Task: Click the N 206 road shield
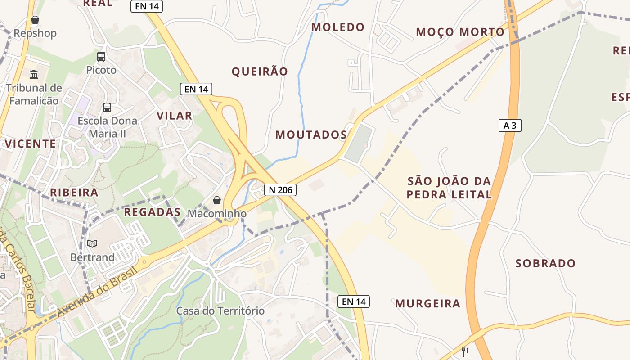[x=280, y=190]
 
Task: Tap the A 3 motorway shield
[x=509, y=126]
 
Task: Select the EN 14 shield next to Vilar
[x=196, y=89]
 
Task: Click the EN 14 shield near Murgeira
[x=354, y=301]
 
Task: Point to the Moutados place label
[x=311, y=135]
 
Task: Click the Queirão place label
[x=260, y=72]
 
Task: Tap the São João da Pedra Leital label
[x=449, y=188]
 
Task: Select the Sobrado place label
[x=545, y=263]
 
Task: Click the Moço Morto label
[x=460, y=32]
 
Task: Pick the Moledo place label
[x=338, y=27]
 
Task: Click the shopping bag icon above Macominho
[x=217, y=200]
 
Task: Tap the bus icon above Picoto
[x=101, y=57]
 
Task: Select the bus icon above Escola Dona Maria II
[x=107, y=108]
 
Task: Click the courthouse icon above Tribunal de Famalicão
[x=34, y=74]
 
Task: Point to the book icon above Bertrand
[x=92, y=244]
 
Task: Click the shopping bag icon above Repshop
[x=35, y=20]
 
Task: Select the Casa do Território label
[x=220, y=310]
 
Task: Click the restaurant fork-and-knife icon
[x=465, y=352]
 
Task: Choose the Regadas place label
[x=152, y=212]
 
